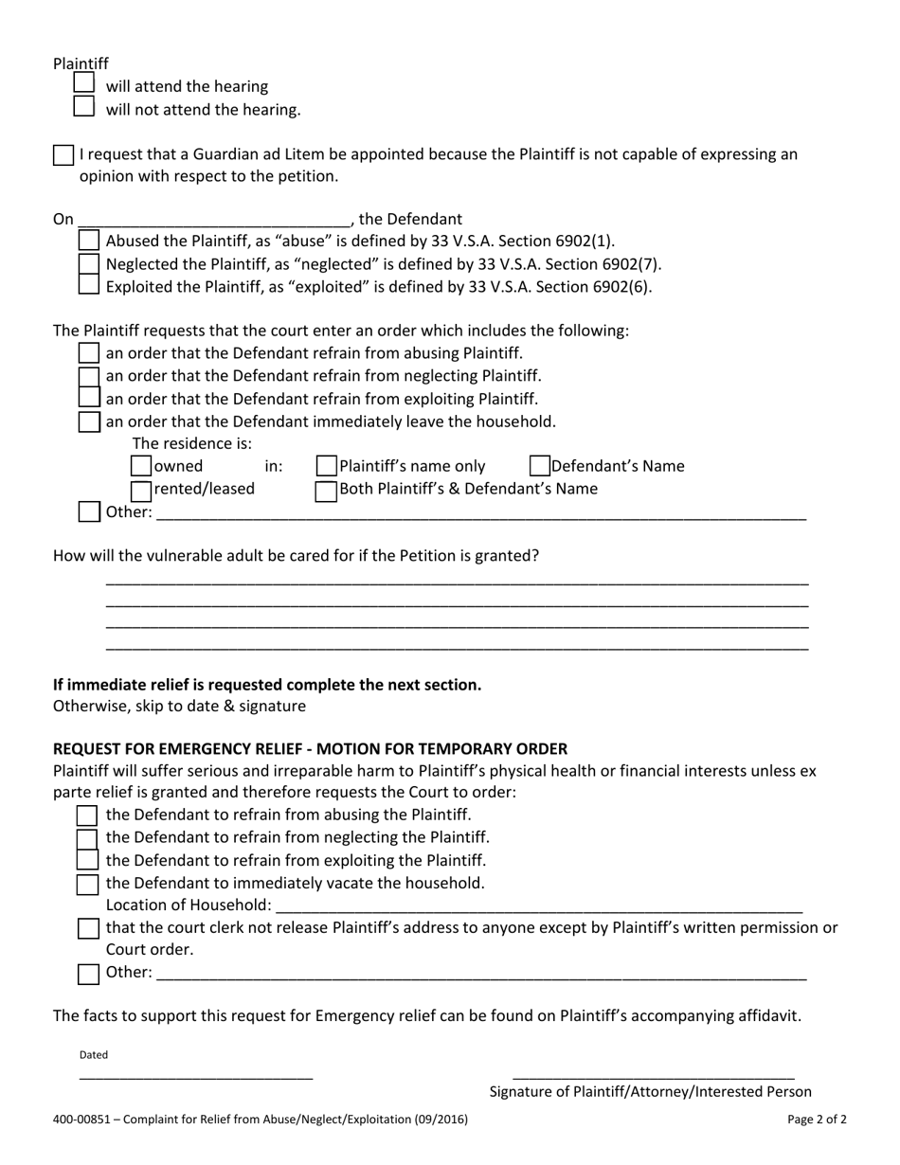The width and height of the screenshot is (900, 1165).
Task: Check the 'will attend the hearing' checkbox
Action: pos(84,84)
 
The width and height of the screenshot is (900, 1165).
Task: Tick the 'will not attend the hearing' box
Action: pos(84,107)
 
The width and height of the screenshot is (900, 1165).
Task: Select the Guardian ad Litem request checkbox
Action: pos(63,155)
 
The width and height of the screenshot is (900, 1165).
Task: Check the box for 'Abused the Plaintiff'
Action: pos(88,241)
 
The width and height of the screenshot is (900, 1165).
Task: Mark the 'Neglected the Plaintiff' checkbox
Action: pos(88,263)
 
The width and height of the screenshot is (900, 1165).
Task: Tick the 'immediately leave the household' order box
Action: pos(88,421)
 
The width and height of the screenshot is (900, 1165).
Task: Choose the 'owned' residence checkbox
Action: pos(140,466)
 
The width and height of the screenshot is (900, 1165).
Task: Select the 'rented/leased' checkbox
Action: pos(140,490)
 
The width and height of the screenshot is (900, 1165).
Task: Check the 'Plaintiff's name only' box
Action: pos(326,466)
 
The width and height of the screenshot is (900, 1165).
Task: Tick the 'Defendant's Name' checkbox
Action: pos(539,466)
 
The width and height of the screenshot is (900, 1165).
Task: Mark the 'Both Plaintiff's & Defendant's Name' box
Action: pos(326,490)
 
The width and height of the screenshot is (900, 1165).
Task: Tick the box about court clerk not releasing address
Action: pos(88,928)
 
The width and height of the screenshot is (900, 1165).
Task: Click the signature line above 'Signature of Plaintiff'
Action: pos(653,1076)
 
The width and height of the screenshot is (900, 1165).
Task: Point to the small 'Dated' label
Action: pos(94,1054)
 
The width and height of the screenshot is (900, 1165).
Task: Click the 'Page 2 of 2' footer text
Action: pos(817,1119)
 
